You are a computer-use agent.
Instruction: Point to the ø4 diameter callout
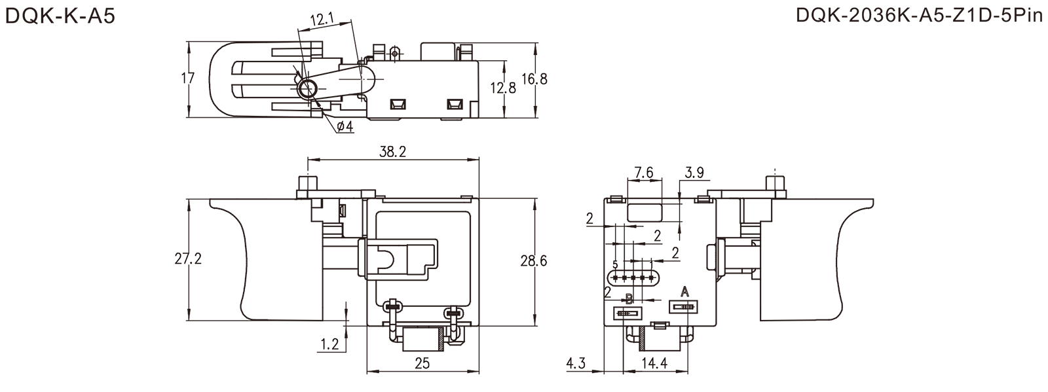(x=345, y=126)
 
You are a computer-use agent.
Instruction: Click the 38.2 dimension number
(x=393, y=152)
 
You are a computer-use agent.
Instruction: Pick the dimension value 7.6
(x=645, y=173)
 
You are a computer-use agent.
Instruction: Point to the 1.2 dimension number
(x=331, y=343)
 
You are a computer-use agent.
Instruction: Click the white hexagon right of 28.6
(x=561, y=261)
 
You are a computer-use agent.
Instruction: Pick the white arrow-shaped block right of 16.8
(x=586, y=80)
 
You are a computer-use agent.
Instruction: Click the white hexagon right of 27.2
(x=212, y=260)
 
